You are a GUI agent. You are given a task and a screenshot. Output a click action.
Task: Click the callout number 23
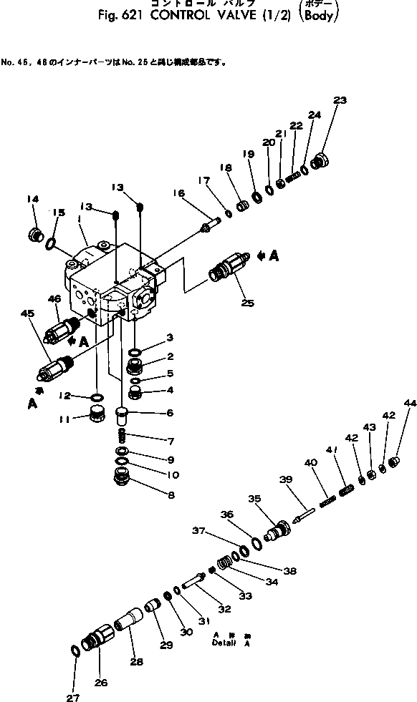point(340,100)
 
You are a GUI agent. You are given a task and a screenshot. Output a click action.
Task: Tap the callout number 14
point(33,198)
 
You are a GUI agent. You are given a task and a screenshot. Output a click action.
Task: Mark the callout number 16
point(178,192)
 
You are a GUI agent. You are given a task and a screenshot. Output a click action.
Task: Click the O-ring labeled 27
point(77,650)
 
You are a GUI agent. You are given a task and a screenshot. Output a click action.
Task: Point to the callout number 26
point(101,683)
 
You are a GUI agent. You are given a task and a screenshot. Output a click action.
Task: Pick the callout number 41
point(330,449)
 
